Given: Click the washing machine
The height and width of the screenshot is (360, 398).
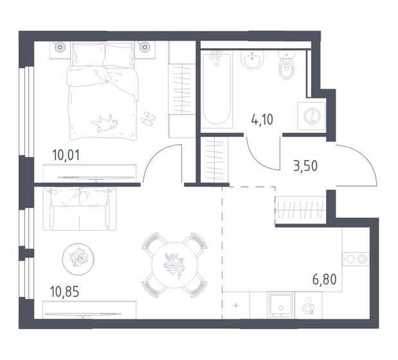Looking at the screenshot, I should coord(311,116).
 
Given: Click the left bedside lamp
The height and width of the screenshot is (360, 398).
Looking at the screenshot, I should coord(60,47).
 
